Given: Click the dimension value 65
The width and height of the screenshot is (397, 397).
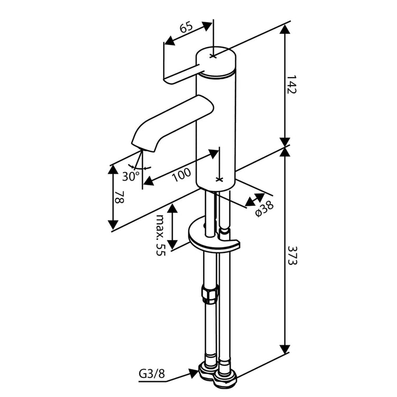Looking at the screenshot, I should [x=185, y=29].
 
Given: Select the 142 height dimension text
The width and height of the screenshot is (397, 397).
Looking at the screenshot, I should [x=292, y=84].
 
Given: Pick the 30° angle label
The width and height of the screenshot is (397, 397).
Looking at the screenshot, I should [x=130, y=175].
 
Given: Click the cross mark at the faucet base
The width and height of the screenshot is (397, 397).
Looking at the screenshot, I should [x=220, y=179].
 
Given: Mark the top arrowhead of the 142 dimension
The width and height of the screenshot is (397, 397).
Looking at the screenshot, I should [x=285, y=30].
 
